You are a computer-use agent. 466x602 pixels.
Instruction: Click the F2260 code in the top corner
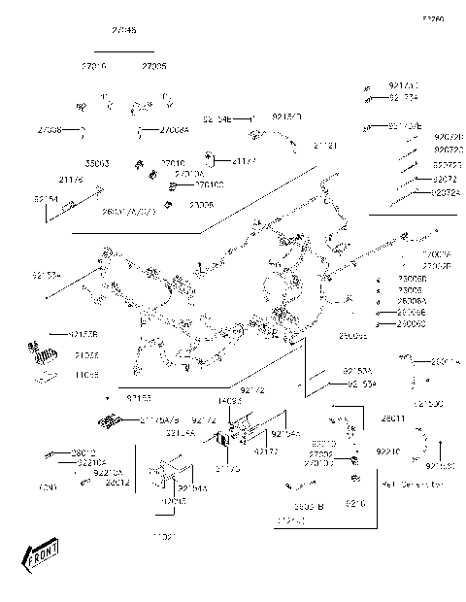point(433,18)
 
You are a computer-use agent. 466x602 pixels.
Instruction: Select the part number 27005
point(153,66)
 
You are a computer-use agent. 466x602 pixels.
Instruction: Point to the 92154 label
point(46,198)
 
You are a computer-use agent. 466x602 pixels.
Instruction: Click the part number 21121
point(325,145)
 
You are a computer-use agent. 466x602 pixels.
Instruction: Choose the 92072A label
point(448,193)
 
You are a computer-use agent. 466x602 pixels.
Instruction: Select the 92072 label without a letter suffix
point(445,180)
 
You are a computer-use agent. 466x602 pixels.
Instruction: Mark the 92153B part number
point(84,334)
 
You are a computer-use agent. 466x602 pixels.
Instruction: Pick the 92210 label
point(388,451)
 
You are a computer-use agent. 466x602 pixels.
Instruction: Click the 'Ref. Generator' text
point(413,483)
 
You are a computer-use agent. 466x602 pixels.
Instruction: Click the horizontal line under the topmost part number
point(123,51)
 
